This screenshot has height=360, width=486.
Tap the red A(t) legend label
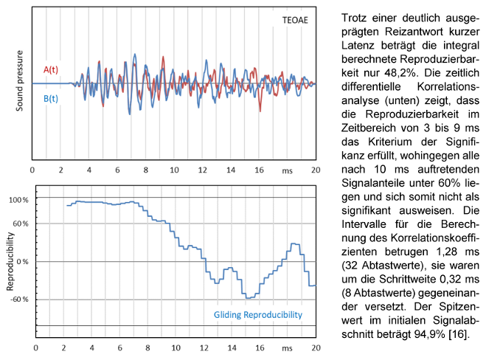[x=51, y=69]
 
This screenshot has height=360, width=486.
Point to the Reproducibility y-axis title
[x=10, y=262]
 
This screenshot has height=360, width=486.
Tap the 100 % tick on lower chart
[x=18, y=200]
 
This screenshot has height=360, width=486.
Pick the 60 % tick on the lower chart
[x=19, y=223]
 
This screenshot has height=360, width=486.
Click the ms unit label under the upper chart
[x=287, y=170]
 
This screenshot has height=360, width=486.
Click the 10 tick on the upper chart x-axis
[x=173, y=170]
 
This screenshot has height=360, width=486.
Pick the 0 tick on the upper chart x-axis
[x=32, y=170]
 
